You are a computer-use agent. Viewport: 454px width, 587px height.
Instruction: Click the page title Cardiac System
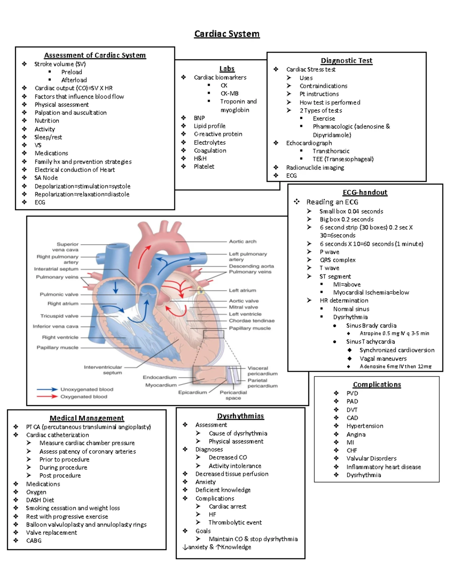pos(227,34)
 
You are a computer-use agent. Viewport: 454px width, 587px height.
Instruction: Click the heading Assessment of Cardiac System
pos(95,55)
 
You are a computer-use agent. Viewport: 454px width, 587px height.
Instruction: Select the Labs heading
pos(227,68)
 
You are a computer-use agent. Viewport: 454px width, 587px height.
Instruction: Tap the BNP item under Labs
pos(199,118)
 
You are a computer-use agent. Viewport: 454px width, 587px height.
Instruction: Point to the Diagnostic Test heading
pos(346,60)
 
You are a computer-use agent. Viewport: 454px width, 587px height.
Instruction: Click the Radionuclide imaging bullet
pos(315,167)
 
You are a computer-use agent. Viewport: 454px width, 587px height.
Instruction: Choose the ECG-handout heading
pos(365,192)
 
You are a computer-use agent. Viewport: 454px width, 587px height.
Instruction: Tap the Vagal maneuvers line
pos(383,358)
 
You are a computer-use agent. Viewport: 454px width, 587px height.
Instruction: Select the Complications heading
pos(377,384)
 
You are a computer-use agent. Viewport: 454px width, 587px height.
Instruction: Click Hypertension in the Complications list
pos(365,426)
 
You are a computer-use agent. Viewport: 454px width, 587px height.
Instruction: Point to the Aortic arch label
pos(243,241)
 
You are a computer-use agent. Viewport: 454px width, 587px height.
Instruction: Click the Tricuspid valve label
pos(59,316)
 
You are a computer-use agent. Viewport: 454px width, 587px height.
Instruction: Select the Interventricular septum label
pos(103,370)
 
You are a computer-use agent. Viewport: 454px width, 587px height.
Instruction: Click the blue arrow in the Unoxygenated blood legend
pos(47,389)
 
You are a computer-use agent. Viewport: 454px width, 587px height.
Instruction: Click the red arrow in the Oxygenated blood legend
pos(47,396)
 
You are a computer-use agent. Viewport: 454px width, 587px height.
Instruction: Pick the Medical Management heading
pos(87,418)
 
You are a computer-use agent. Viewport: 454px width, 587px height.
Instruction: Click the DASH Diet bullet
pos(40,500)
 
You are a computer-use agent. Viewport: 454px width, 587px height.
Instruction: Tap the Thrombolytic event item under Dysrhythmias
pos(235,522)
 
